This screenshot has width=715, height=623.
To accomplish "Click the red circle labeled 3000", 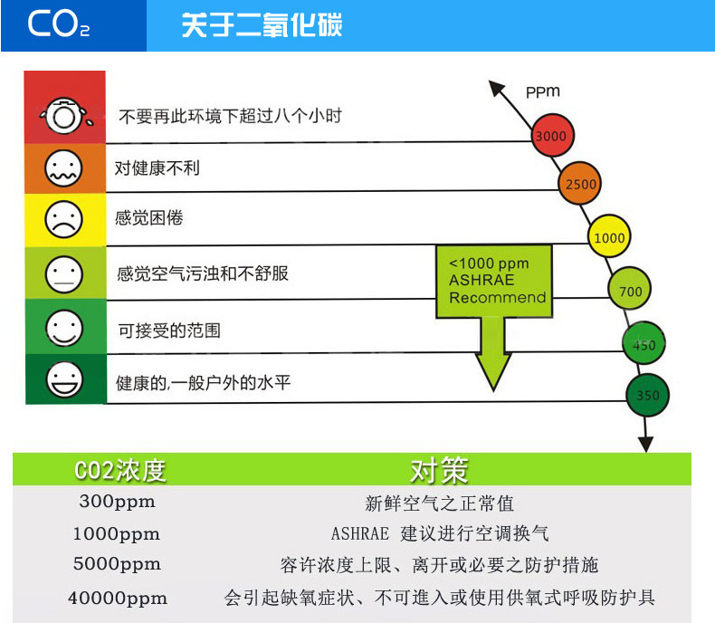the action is (x=551, y=137).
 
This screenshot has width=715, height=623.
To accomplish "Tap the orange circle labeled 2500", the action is (x=580, y=185).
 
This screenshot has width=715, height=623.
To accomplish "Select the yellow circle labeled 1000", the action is (x=608, y=238).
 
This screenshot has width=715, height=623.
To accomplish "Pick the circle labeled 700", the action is (x=631, y=292).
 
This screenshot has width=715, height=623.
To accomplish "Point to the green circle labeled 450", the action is (x=644, y=345).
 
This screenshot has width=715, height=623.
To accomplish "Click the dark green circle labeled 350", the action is (x=648, y=395).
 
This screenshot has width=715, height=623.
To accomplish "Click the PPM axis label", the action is (x=542, y=91).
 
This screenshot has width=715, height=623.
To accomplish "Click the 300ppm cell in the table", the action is (x=117, y=502).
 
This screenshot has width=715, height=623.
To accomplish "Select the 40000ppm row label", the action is (x=117, y=599).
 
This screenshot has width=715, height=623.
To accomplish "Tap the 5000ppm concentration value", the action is (x=117, y=564).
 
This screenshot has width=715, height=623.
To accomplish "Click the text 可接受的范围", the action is (x=169, y=331).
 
